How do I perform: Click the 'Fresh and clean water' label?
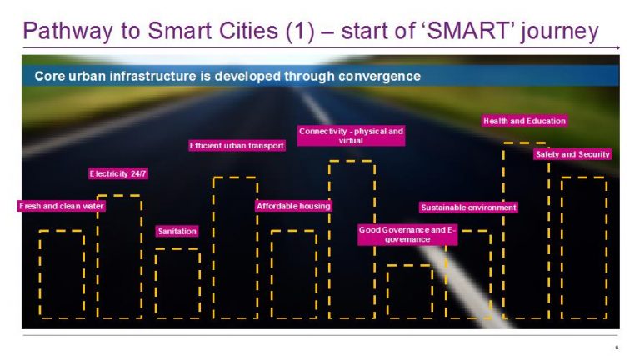pyautogui.click(x=62, y=206)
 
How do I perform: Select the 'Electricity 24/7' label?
pyautogui.click(x=118, y=174)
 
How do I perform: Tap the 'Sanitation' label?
pyautogui.click(x=177, y=231)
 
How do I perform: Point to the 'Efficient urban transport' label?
pyautogui.click(x=237, y=146)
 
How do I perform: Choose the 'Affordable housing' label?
pyautogui.click(x=293, y=206)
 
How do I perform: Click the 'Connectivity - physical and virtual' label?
pyautogui.click(x=351, y=136)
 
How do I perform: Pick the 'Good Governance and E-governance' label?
pyautogui.click(x=408, y=234)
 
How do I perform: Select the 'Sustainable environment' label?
pyautogui.click(x=468, y=207)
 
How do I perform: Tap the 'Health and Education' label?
pyautogui.click(x=524, y=122)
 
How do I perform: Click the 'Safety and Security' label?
pyautogui.click(x=572, y=154)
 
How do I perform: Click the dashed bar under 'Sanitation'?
pyautogui.click(x=177, y=283)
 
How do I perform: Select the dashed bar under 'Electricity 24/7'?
pyautogui.click(x=119, y=256)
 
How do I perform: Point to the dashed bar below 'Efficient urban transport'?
pyautogui.click(x=235, y=247)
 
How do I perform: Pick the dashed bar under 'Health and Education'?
pyautogui.click(x=525, y=231)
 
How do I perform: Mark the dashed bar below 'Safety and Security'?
pyautogui.click(x=583, y=247)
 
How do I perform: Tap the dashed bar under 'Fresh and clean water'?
pyautogui.click(x=62, y=274)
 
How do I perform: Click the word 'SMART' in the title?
pyautogui.click(x=487, y=32)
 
